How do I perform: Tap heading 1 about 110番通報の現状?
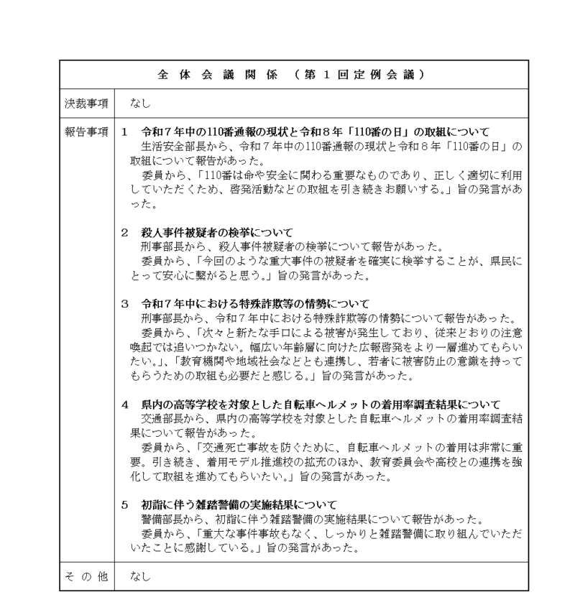coord(305,132)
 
